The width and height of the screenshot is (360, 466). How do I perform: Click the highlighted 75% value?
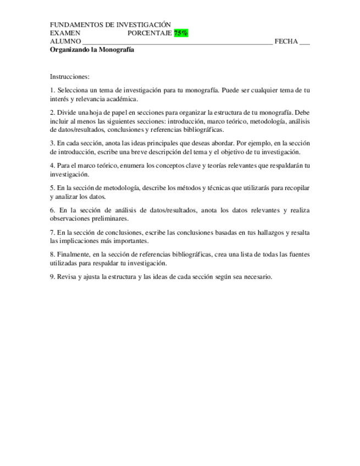point(181,33)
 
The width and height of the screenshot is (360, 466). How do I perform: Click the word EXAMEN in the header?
point(65,33)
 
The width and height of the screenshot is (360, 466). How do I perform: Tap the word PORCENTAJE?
point(150,33)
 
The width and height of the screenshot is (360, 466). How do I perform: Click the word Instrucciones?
point(69,77)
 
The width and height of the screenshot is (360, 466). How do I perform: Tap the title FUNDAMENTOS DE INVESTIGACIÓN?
point(110,25)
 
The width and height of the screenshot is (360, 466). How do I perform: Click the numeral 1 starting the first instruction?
point(52,90)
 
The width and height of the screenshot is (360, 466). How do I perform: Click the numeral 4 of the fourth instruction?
point(52,165)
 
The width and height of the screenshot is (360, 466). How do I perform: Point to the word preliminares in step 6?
point(107,218)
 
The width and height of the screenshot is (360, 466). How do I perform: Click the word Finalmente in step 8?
point(74,254)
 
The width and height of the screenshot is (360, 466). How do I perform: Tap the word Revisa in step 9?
point(67,277)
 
